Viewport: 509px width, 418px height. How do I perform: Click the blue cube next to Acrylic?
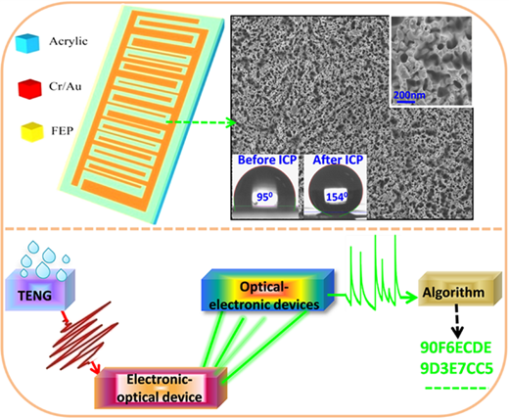click(27, 43)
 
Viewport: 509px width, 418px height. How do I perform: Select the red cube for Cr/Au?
click(29, 88)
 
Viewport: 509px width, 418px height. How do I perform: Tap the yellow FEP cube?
click(31, 132)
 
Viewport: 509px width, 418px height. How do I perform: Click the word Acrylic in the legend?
click(69, 41)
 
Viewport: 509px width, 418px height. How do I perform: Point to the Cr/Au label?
click(65, 86)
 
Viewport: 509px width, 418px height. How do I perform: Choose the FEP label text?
click(63, 131)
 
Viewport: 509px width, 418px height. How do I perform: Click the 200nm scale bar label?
click(409, 95)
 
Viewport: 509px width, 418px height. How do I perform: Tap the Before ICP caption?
click(267, 160)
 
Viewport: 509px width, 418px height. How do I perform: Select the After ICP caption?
click(338, 160)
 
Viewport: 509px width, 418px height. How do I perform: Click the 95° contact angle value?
click(264, 197)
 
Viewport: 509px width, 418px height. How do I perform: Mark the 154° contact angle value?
click(337, 197)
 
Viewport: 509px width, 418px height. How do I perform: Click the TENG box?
click(40, 290)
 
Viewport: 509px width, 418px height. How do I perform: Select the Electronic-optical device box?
click(161, 388)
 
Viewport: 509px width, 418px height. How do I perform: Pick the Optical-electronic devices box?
click(268, 290)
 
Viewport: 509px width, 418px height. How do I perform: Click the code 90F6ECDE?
click(456, 348)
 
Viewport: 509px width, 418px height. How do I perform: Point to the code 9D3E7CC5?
click(456, 369)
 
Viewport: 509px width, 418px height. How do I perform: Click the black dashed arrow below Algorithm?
click(458, 321)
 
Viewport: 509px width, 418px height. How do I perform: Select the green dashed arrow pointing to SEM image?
click(202, 122)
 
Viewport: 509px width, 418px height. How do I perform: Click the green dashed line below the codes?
click(455, 389)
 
